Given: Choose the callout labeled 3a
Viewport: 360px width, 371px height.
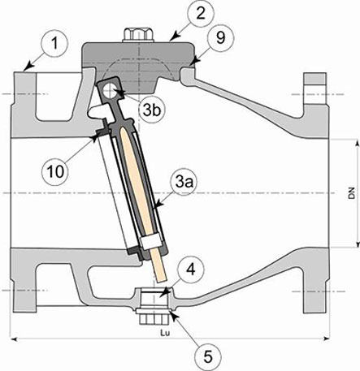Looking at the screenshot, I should (183, 183).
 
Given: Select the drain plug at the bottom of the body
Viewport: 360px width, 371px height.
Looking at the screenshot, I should (151, 307).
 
